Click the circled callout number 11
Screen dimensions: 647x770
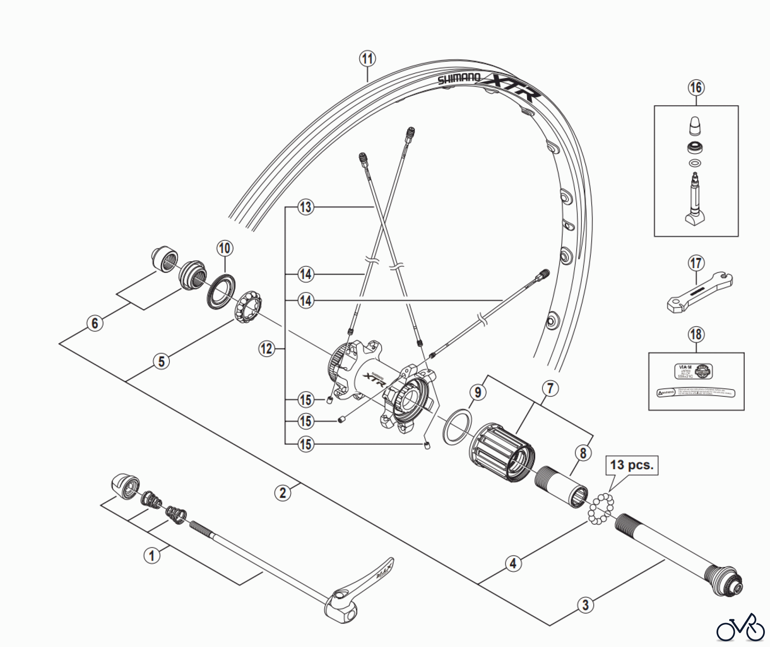click(x=367, y=59)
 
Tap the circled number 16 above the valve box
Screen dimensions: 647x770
click(x=696, y=88)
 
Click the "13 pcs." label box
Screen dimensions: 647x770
click(x=632, y=465)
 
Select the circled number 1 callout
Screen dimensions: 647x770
click(x=151, y=555)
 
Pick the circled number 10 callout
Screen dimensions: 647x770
click(x=225, y=248)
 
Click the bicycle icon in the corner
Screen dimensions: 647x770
click(x=740, y=629)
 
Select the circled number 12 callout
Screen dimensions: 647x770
click(x=267, y=349)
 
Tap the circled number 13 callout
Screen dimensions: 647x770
click(x=305, y=207)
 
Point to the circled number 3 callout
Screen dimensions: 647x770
click(x=585, y=605)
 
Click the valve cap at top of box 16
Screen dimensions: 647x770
click(x=695, y=126)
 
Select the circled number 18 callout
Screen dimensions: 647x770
click(x=696, y=334)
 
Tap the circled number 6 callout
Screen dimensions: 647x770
click(x=95, y=323)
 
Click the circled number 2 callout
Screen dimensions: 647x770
click(x=282, y=493)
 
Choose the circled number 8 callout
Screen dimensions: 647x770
click(x=583, y=453)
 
